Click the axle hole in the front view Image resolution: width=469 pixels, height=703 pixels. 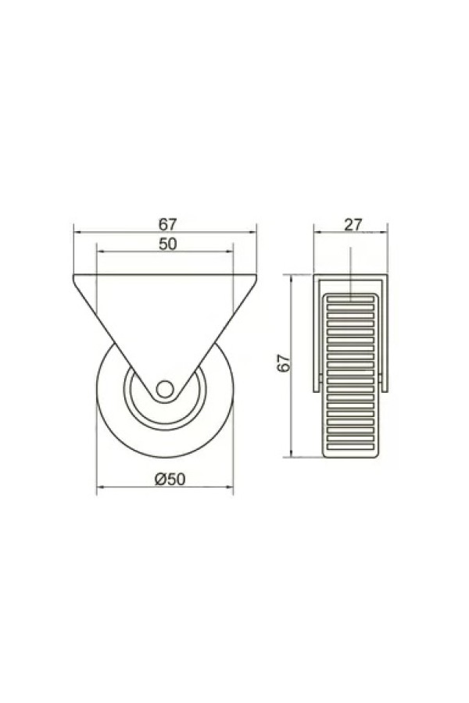(x=165, y=388)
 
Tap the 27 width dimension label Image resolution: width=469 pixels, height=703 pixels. (x=353, y=225)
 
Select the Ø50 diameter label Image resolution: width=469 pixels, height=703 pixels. (x=170, y=480)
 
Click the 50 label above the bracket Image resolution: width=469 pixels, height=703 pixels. (x=168, y=244)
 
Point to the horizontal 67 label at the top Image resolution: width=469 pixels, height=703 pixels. (x=168, y=223)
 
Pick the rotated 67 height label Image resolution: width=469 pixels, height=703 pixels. (x=284, y=363)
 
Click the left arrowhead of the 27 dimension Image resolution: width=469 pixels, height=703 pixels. (x=317, y=232)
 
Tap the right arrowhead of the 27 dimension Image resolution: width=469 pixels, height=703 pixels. (x=384, y=232)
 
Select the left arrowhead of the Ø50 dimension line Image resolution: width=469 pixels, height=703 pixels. (x=101, y=487)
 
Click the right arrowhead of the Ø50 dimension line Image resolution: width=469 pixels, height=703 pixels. (x=229, y=487)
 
